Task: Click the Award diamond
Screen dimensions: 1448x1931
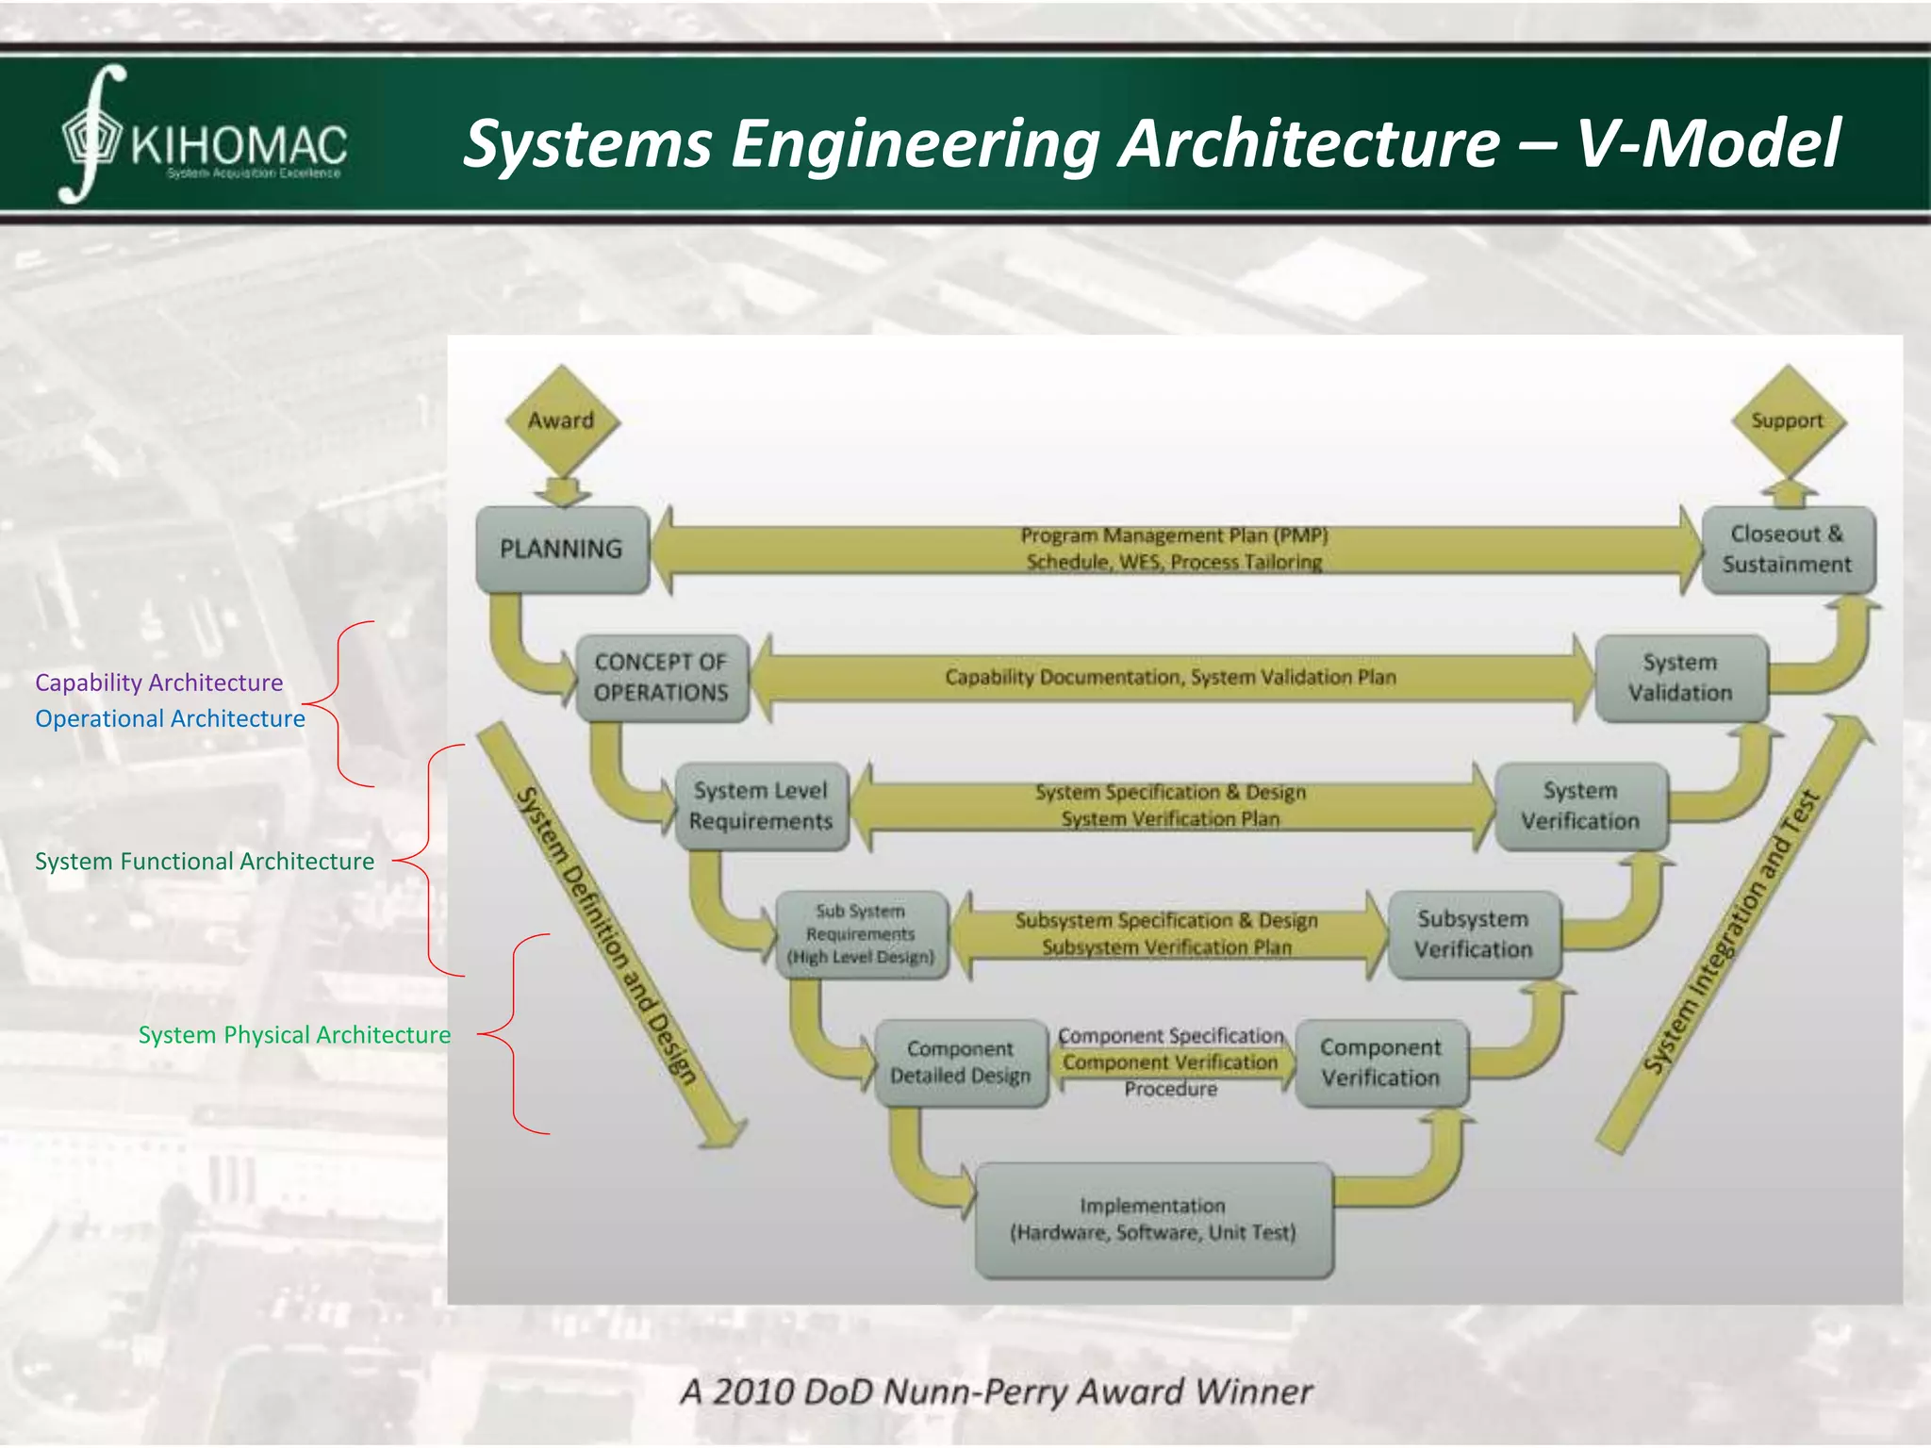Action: pos(562,420)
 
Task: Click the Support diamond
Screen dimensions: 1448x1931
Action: pos(1788,420)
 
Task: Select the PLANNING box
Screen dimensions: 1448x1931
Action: pos(562,550)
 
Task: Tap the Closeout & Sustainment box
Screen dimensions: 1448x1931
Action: pos(1788,550)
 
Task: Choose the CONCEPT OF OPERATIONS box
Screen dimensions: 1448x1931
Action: pos(662,678)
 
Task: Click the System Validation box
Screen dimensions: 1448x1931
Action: pos(1680,678)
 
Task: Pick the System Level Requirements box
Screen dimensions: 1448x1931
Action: pos(762,806)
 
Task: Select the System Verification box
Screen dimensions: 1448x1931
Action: pos(1580,806)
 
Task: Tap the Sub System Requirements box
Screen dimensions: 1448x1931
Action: pos(861,934)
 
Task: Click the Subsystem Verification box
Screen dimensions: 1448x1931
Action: pos(1474,934)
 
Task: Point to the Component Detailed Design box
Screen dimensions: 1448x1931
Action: pos(961,1062)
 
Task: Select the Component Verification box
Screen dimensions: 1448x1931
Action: pos(1381,1062)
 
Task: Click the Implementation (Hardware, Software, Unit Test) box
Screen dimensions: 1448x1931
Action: pos(1153,1220)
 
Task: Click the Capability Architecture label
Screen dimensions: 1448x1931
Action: pos(158,683)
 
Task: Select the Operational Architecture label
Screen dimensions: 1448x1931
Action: pos(170,718)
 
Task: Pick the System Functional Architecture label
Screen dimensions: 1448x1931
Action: pos(205,862)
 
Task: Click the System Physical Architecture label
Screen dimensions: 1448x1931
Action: pos(294,1035)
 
